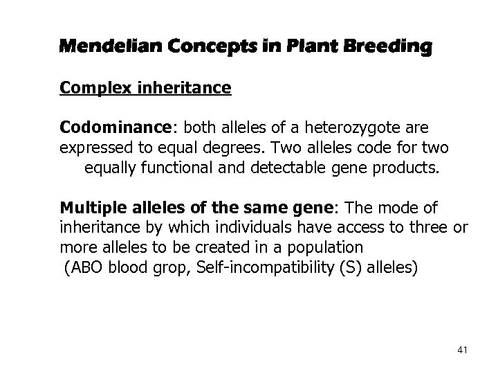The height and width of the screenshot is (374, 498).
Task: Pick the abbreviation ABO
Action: [86, 267]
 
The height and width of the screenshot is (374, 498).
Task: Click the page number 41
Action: [462, 352]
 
